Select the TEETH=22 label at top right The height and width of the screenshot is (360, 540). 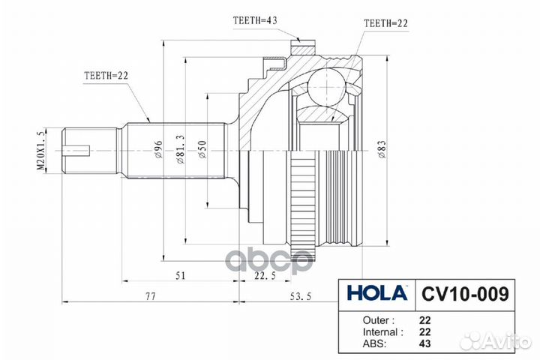click(387, 24)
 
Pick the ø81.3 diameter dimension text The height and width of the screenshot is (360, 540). click(181, 150)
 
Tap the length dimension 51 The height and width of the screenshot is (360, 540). click(181, 276)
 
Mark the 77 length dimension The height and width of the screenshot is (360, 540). click(150, 297)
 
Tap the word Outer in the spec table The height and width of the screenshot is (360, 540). click(369, 318)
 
